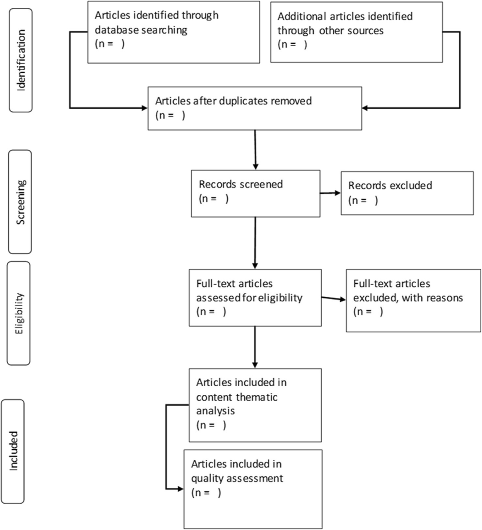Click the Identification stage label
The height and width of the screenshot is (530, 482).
pos(21,60)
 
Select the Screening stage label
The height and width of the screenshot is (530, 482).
pos(20,202)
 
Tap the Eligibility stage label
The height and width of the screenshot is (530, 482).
pos(19,313)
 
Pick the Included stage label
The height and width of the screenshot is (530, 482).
pos(13,451)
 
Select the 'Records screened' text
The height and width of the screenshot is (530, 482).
pos(241,184)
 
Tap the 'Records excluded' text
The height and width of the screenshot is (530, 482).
pos(390,185)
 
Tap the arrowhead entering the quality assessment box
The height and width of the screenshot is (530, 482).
pos(180,489)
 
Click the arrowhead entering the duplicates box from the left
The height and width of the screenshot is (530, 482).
pos(144,108)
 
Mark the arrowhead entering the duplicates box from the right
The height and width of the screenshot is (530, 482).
pos(365,108)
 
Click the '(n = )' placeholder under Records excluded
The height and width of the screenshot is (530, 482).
pos(363,200)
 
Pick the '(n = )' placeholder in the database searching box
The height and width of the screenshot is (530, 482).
pos(109,44)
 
